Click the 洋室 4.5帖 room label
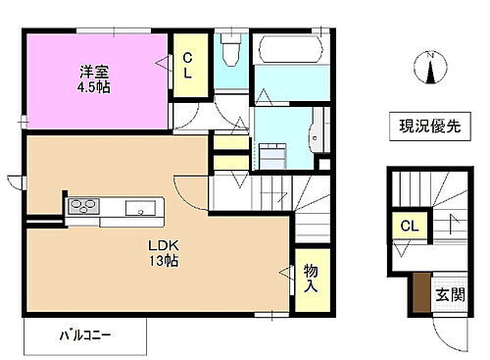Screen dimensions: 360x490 [x=94, y=78]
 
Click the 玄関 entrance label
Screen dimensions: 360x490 [x=450, y=293]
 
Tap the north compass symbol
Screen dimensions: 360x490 [x=427, y=71]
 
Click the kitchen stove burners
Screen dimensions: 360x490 [x=82, y=207]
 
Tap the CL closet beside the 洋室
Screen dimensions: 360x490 [x=189, y=66]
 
